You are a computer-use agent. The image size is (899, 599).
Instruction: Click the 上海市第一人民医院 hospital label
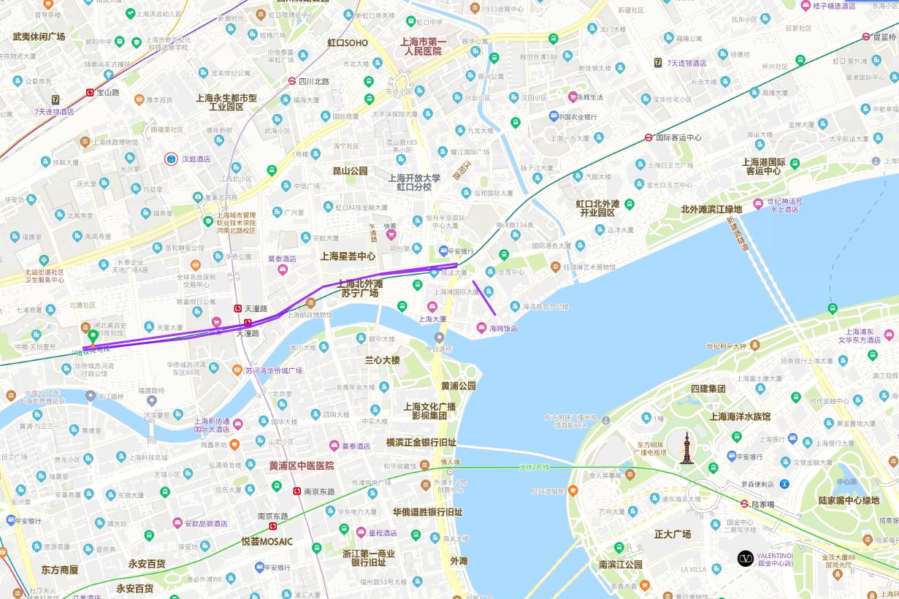coord(423,47)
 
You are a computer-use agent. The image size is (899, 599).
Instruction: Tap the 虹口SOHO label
coord(348,43)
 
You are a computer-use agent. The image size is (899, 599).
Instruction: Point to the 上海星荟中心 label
coord(348,256)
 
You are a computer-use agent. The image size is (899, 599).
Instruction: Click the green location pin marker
coord(93,337)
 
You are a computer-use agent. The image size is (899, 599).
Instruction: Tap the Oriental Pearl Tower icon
coord(686,449)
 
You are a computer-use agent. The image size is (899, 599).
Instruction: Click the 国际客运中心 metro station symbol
coord(649,137)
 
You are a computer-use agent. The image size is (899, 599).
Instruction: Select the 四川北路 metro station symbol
coord(291,82)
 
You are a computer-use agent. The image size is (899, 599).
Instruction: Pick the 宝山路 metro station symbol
coord(90,93)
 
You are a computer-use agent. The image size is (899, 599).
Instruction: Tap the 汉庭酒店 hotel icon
coord(171,158)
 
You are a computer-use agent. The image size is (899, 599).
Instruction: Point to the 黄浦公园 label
coord(458,386)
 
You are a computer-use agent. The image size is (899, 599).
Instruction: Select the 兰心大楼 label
coord(383,360)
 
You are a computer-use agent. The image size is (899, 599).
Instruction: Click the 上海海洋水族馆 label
coord(740,416)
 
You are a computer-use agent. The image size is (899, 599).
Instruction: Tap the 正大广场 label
coord(673,534)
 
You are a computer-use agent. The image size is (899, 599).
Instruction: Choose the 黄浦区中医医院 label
coord(302,465)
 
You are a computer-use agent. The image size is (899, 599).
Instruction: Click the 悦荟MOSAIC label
coord(267,542)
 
